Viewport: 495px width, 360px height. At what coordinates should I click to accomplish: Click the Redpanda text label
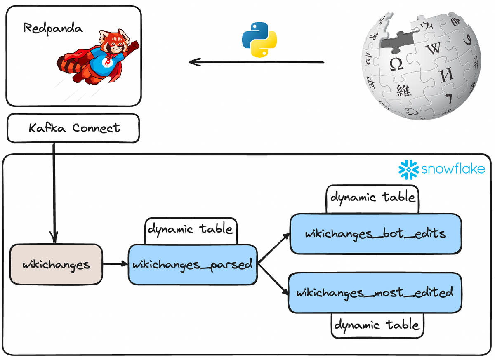point(53,28)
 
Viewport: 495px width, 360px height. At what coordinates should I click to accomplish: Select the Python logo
point(259,40)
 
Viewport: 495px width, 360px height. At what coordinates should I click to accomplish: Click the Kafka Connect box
point(73,129)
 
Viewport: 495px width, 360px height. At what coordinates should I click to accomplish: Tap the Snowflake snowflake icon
point(409,169)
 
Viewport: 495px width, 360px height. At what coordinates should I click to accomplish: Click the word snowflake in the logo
point(453,169)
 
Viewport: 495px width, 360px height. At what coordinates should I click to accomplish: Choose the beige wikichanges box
point(56,264)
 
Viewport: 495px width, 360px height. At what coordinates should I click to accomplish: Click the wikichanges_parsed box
point(192,264)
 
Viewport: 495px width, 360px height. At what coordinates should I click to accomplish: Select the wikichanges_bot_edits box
point(375,234)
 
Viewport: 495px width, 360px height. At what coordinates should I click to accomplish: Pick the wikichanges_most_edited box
point(375,292)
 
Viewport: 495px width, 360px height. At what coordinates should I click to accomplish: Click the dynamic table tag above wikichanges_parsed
point(191,229)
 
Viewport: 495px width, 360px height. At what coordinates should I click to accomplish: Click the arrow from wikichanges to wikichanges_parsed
point(115,264)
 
